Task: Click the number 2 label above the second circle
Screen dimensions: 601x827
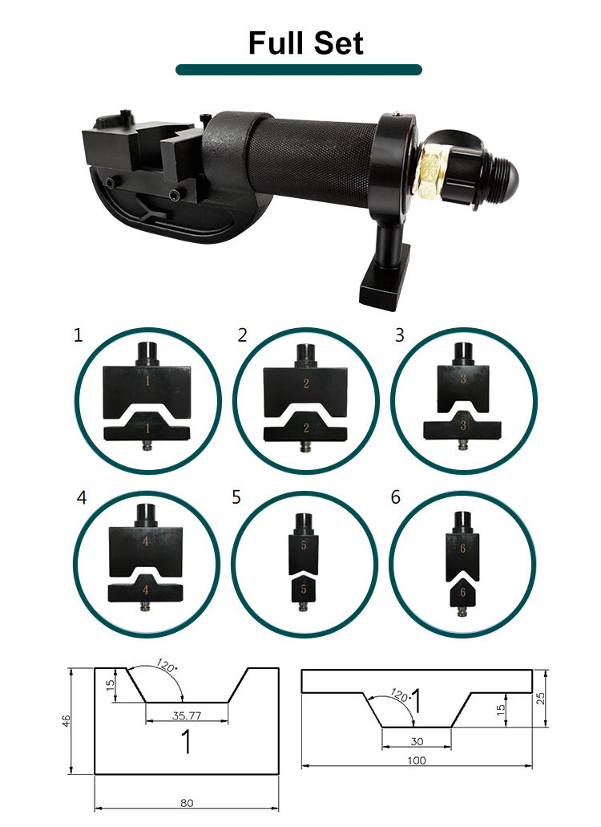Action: tap(242, 335)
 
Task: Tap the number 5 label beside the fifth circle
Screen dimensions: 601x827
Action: tap(236, 497)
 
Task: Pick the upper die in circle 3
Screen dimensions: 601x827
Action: tap(463, 378)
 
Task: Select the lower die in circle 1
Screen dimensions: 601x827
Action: tap(147, 428)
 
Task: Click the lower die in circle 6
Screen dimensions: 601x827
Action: tap(462, 596)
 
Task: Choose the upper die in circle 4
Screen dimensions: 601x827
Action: tap(145, 541)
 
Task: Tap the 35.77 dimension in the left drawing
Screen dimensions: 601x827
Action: tap(187, 716)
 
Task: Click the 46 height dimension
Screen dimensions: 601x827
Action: tap(66, 721)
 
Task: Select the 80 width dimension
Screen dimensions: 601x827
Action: tap(187, 803)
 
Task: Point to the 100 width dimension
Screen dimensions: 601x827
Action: tap(417, 760)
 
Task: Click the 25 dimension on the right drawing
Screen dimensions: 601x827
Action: tap(540, 699)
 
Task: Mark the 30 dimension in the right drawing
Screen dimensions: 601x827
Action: tap(417, 741)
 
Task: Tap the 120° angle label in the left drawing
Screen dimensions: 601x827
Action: tap(167, 666)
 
